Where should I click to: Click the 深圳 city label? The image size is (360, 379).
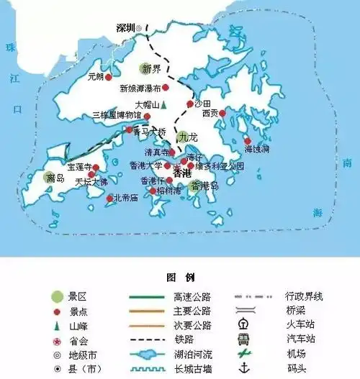tap(125, 27)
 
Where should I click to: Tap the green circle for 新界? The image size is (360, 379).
tap(145, 69)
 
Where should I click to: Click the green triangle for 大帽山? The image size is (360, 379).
tap(164, 104)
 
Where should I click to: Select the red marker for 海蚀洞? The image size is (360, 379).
tap(248, 141)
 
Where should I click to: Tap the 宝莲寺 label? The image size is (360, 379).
tap(78, 167)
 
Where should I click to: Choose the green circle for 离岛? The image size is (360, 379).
tap(51, 177)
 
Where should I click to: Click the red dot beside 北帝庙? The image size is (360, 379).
tap(109, 198)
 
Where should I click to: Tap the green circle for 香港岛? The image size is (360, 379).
tap(194, 186)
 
